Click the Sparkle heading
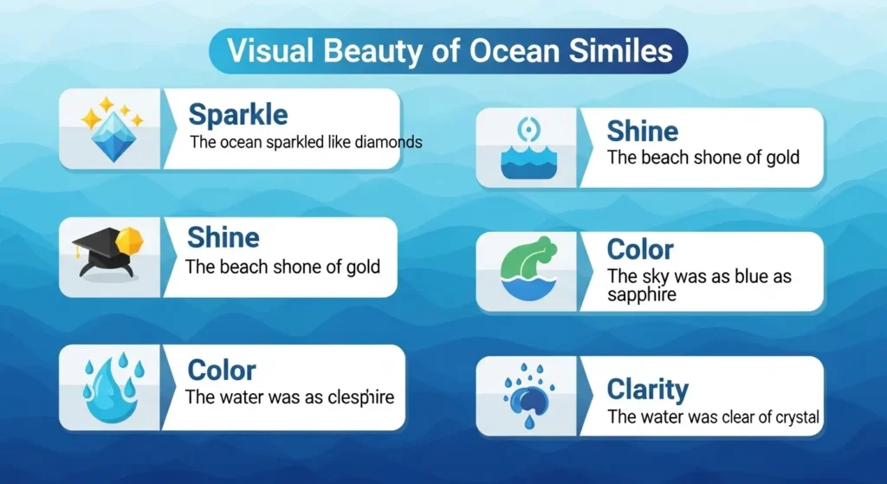point(238,114)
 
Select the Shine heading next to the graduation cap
point(223,238)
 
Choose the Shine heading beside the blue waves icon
point(642,132)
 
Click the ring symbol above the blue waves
point(528,131)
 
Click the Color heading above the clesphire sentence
point(222,371)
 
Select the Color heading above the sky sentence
point(640,250)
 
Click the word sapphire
point(642,294)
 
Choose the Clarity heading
point(648,390)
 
